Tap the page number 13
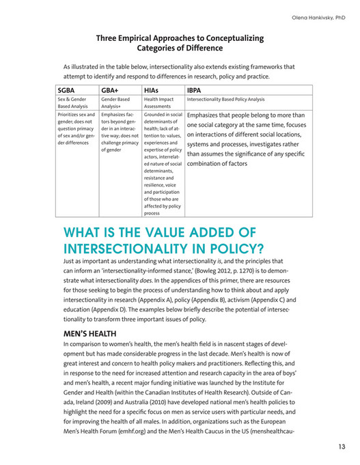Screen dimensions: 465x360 click(x=341, y=447)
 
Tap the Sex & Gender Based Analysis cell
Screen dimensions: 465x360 click(x=73, y=103)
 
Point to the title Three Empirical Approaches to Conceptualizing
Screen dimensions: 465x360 click(x=180, y=38)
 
